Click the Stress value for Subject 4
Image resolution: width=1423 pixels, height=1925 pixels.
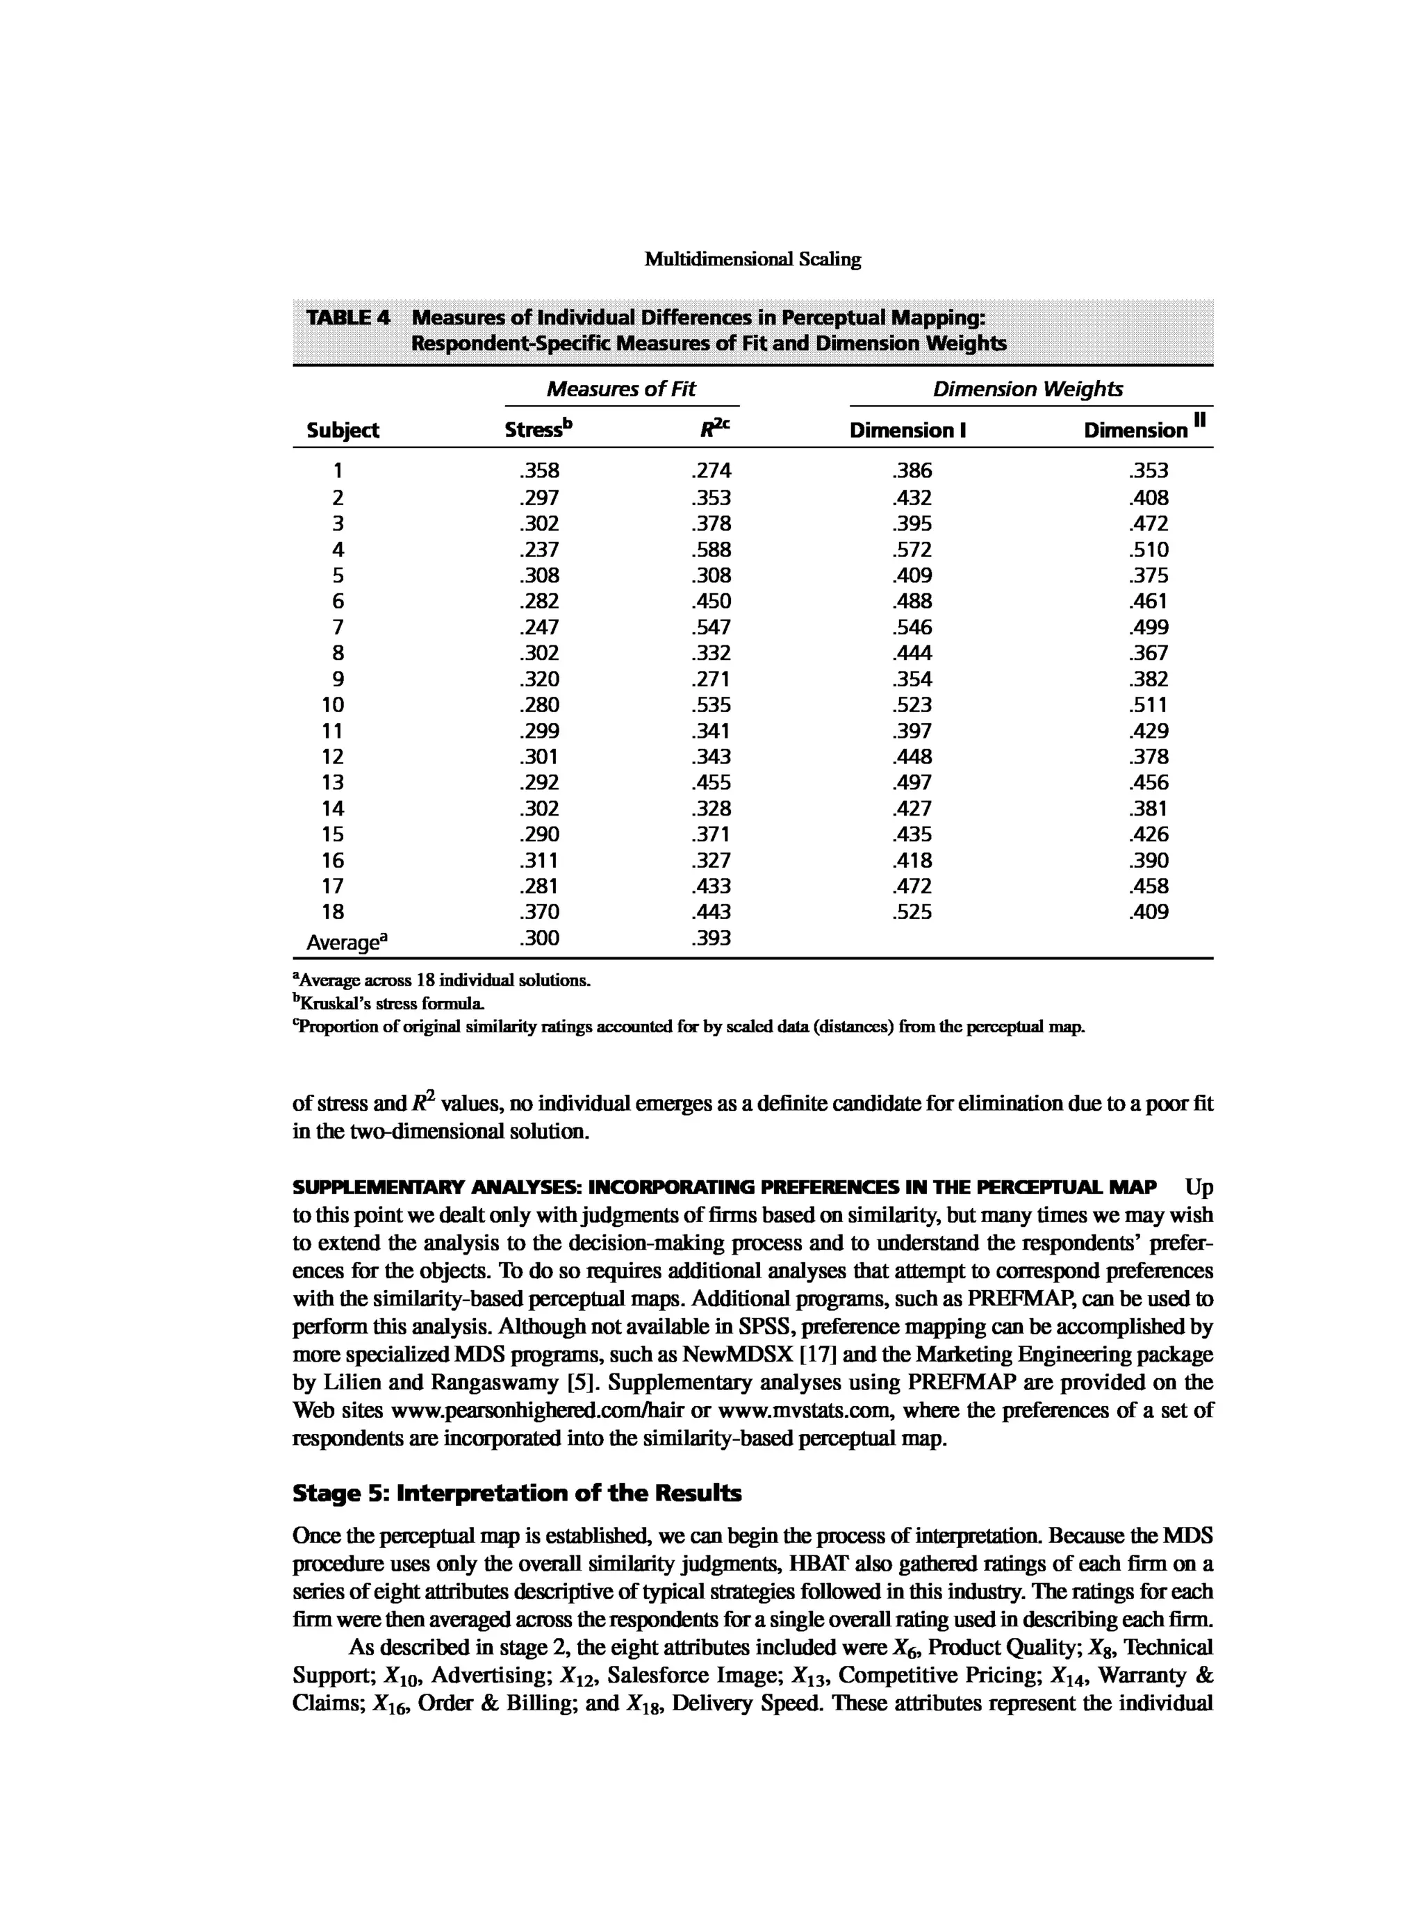[x=539, y=550]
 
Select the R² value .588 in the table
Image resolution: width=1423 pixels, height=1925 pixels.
[x=711, y=550]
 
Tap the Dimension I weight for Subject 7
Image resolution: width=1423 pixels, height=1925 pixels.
[x=912, y=627]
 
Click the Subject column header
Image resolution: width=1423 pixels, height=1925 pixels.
[x=343, y=430]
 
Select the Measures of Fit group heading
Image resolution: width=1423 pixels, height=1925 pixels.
[x=621, y=389]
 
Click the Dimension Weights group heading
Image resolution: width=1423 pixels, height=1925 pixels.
[x=1028, y=389]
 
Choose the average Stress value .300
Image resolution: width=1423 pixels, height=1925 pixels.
[x=539, y=938]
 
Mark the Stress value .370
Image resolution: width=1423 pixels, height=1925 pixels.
[x=539, y=912]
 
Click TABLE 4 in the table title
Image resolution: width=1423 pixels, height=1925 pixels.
[x=349, y=317]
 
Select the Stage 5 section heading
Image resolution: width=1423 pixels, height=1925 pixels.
[x=517, y=1493]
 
